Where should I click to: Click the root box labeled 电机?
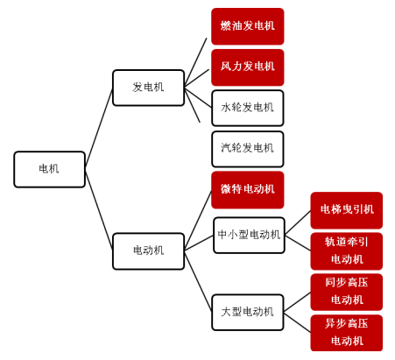(x=49, y=169)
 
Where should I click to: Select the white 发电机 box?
(x=148, y=88)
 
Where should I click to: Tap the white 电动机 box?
(x=148, y=251)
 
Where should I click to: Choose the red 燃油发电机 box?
(x=248, y=26)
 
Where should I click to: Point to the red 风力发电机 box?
(x=248, y=67)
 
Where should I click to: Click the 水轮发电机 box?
(x=248, y=108)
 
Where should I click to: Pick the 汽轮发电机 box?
(x=248, y=149)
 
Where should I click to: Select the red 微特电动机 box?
(x=248, y=190)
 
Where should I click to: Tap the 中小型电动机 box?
(x=249, y=235)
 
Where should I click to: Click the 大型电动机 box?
(x=248, y=313)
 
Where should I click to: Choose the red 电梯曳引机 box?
(x=347, y=210)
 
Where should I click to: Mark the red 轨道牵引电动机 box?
(x=347, y=251)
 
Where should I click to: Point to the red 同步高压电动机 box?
(x=347, y=292)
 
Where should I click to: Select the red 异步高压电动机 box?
(x=347, y=333)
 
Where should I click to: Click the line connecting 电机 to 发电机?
(x=99, y=129)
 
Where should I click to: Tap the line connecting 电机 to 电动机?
(x=99, y=209)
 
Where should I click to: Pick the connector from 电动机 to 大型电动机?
(x=198, y=281)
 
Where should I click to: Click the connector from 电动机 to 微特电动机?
(x=198, y=221)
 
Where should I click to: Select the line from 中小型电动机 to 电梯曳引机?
(x=298, y=222)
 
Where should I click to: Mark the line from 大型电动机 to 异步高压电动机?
(x=297, y=323)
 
